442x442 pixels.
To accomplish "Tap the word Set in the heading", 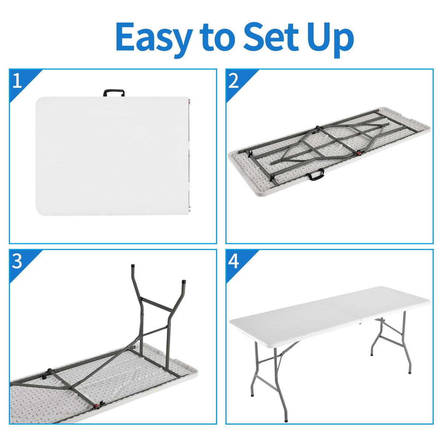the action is click(x=271, y=37).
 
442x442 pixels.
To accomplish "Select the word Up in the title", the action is click(x=330, y=39).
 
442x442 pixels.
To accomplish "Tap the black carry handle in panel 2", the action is click(x=316, y=174).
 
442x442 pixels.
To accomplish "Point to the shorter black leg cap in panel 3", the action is click(x=184, y=282).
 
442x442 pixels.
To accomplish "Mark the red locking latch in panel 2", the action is click(x=358, y=153).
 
